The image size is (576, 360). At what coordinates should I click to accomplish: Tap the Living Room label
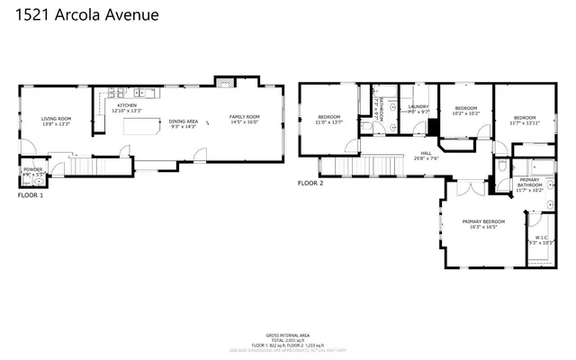[x=56, y=119]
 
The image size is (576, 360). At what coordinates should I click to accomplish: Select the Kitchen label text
[x=127, y=106]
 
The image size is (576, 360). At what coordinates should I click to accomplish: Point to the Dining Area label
[x=184, y=121]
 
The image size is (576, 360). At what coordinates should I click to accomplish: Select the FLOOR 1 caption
[x=31, y=194]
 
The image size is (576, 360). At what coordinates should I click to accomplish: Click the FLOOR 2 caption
[x=310, y=184]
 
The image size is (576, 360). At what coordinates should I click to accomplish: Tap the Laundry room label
[x=418, y=107]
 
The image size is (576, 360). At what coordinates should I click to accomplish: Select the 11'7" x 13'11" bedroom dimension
[x=525, y=123]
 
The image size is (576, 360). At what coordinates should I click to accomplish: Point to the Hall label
[x=425, y=152]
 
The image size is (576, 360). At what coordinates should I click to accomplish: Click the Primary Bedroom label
[x=483, y=221]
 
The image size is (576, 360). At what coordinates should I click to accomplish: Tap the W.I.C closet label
[x=539, y=238]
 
